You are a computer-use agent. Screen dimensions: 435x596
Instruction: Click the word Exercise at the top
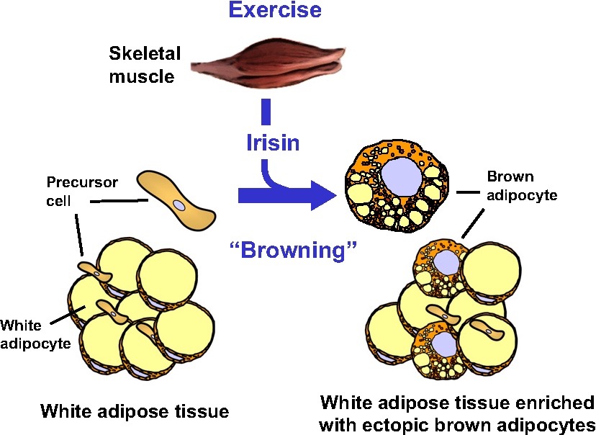click(275, 12)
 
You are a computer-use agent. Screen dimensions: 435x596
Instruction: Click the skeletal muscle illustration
click(265, 70)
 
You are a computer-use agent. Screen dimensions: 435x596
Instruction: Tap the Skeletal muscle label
click(142, 64)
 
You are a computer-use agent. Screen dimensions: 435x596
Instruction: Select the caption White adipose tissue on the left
click(135, 411)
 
